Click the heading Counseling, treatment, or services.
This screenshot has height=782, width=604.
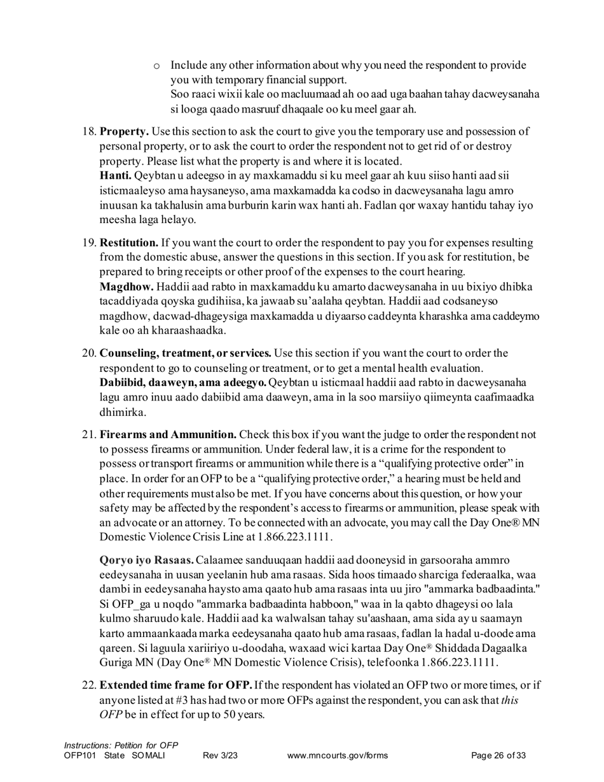coord(186,353)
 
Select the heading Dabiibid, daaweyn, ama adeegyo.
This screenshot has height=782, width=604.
coord(183,383)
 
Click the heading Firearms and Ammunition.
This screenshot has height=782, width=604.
coord(168,435)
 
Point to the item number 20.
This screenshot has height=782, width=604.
coord(89,353)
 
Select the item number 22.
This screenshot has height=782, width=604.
coord(89,685)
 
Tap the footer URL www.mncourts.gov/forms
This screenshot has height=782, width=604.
coord(337,756)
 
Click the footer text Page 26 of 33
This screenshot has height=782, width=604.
coord(498,756)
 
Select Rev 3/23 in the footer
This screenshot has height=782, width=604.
coord(220,756)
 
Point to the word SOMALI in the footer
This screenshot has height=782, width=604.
coord(148,756)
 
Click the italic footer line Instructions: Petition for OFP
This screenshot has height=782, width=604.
coord(121,745)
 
